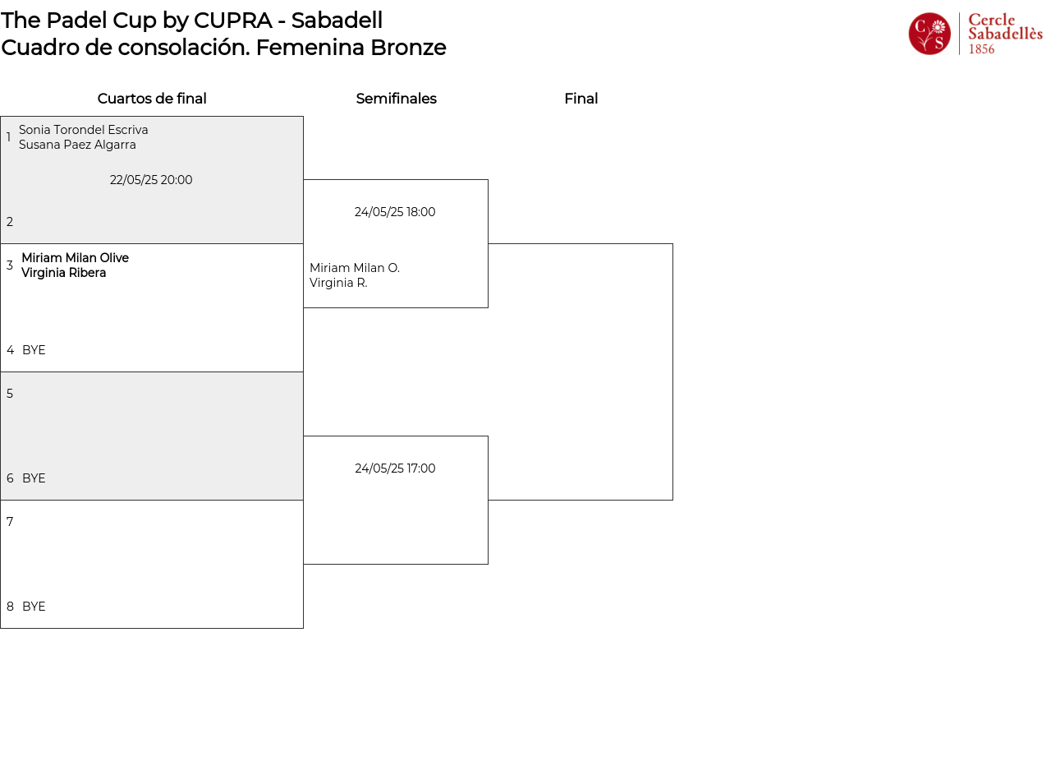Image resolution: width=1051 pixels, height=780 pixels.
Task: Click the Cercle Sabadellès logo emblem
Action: (x=929, y=34)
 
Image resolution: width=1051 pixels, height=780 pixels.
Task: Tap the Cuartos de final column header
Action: (x=152, y=99)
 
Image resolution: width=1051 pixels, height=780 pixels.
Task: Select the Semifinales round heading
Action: (x=396, y=99)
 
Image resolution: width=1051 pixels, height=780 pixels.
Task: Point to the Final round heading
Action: (x=581, y=99)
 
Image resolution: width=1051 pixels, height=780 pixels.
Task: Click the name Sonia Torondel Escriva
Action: (x=84, y=130)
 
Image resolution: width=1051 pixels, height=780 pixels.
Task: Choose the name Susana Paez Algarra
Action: (x=77, y=145)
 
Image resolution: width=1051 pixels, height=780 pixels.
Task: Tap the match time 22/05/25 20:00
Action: (x=151, y=180)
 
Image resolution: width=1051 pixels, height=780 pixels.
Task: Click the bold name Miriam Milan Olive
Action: (x=75, y=258)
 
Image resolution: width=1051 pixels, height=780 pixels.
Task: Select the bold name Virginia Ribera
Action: (x=63, y=273)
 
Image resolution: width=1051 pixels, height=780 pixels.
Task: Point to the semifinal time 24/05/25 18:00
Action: (x=395, y=212)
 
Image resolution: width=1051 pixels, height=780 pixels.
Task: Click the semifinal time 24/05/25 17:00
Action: (x=395, y=468)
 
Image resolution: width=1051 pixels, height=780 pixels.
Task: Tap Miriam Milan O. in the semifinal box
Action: (x=355, y=268)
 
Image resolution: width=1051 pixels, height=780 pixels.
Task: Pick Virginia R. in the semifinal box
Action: (x=338, y=283)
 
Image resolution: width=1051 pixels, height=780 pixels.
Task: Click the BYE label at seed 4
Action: (x=34, y=350)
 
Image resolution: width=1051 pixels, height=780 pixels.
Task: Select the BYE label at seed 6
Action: (x=34, y=478)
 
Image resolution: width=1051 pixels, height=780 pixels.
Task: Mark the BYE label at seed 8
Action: (x=34, y=607)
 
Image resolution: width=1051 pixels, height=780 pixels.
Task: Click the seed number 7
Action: (x=10, y=522)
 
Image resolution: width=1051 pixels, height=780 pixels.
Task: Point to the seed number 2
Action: (x=10, y=222)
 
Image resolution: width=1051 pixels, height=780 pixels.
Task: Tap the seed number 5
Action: (x=10, y=394)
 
